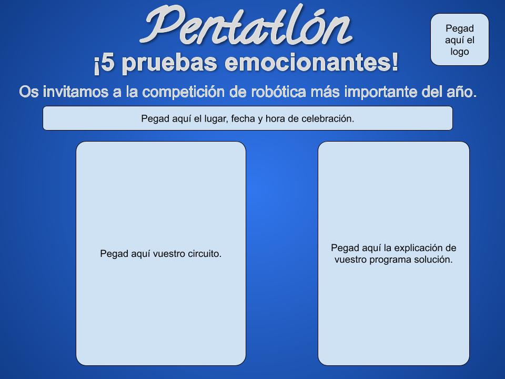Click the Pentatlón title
[x=246, y=25]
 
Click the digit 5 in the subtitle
[x=108, y=63]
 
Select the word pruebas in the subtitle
[x=169, y=63]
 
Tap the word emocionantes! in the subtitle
[x=311, y=63]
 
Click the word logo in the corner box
[x=460, y=52]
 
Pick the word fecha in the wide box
[x=243, y=118]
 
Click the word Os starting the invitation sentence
[x=29, y=92]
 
